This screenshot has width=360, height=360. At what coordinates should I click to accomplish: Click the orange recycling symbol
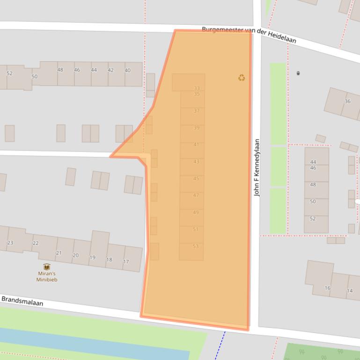[x=242, y=78]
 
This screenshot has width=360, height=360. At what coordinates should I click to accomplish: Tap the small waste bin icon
[x=298, y=73]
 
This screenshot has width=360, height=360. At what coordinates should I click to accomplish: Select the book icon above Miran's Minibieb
[x=47, y=266]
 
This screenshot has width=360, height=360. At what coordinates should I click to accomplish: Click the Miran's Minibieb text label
[x=47, y=276]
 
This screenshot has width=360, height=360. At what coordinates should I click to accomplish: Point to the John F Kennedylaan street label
[x=257, y=167]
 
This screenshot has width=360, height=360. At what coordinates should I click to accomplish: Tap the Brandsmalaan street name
[x=22, y=301]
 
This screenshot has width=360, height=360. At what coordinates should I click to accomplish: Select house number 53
[x=196, y=246]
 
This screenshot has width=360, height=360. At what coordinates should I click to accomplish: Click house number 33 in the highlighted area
[x=197, y=88]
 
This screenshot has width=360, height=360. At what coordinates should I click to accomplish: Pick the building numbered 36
[x=347, y=101]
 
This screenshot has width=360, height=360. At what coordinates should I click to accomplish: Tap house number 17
[x=126, y=261]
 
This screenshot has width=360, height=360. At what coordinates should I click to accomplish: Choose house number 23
[x=10, y=243]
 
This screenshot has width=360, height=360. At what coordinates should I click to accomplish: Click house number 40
[x=127, y=71]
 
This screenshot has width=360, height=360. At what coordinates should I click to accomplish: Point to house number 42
[x=110, y=70]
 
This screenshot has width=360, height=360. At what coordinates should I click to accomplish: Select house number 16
[x=328, y=288]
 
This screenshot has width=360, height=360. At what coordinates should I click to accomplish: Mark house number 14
[x=350, y=291]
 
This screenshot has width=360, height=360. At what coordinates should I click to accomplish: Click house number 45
[x=196, y=179]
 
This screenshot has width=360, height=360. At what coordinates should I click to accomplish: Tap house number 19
[x=92, y=258]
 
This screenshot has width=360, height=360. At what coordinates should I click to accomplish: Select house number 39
[x=197, y=128]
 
